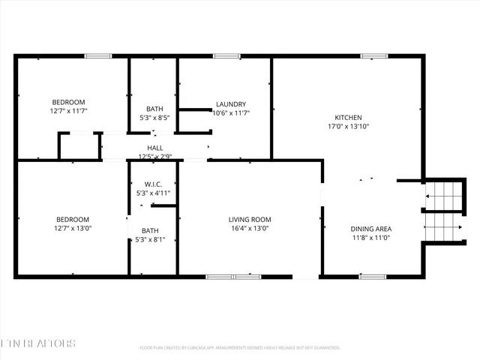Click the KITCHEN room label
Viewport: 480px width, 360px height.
click(x=348, y=118)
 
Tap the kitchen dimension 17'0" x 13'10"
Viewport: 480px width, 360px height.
click(x=348, y=127)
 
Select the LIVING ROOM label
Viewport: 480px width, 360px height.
click(x=249, y=219)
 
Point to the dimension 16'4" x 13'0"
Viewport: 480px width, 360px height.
click(x=249, y=228)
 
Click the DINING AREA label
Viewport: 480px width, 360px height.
click(x=370, y=229)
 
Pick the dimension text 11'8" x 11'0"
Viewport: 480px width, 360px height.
click(x=370, y=238)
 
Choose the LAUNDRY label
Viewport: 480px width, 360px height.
click(x=231, y=104)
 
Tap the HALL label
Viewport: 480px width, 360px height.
click(x=155, y=148)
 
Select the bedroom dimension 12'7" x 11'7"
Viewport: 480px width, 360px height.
click(x=68, y=111)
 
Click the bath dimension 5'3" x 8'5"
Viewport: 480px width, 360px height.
click(x=154, y=118)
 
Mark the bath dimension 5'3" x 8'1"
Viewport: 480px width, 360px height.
click(x=151, y=240)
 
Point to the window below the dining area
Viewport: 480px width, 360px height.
click(x=373, y=277)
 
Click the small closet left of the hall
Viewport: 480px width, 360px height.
click(x=79, y=146)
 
